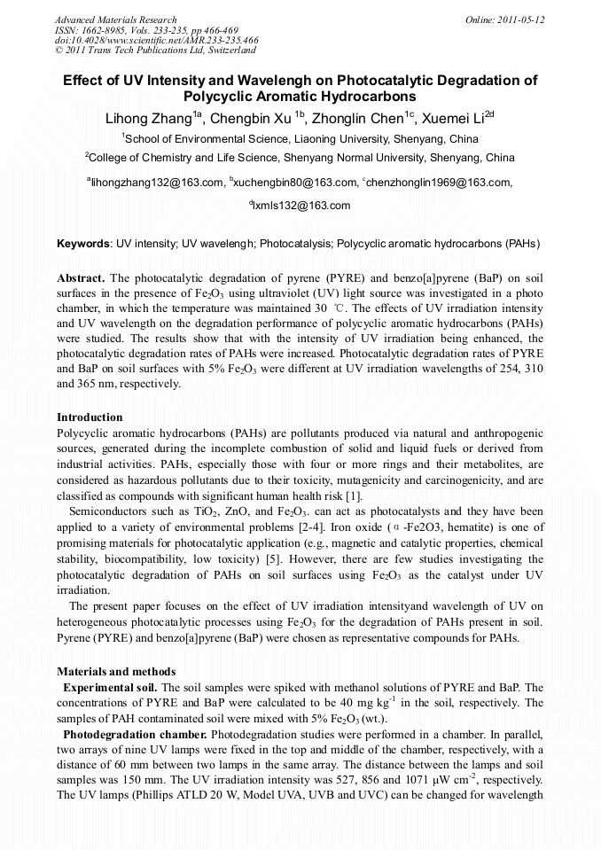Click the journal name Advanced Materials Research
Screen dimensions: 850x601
point(115,19)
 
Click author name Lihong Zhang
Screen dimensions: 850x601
point(145,120)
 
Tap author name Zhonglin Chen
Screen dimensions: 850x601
point(361,120)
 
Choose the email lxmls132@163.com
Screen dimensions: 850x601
point(301,206)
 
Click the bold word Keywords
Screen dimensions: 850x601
point(83,243)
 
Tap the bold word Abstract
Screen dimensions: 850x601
point(81,277)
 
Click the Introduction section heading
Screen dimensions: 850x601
point(90,417)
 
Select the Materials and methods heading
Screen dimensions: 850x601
point(116,671)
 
